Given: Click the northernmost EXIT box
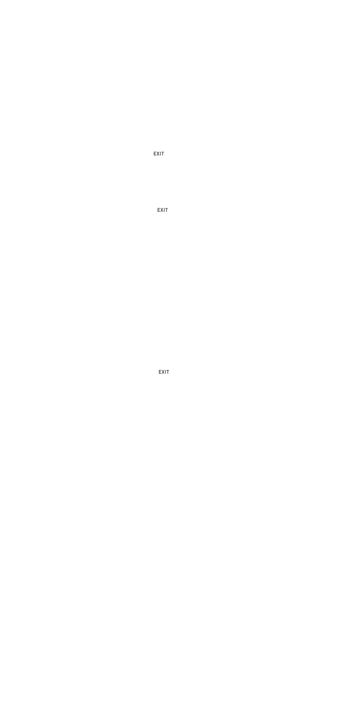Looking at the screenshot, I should (x=158, y=154).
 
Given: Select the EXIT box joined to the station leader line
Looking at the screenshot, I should (x=163, y=210).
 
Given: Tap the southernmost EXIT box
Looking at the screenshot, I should (x=163, y=372).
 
